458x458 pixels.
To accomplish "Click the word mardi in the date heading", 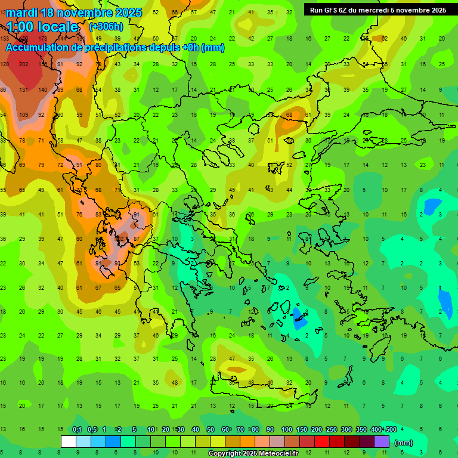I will click(x=21, y=13).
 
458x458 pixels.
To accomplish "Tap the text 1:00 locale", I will click(x=42, y=27).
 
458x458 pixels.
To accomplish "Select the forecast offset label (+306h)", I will click(x=107, y=27).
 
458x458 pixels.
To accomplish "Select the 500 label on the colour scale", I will click(x=391, y=429).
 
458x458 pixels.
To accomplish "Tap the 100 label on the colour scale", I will click(x=287, y=429).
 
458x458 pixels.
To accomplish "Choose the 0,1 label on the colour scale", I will click(x=77, y=429).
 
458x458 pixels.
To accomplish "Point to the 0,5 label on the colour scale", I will click(x=92, y=429).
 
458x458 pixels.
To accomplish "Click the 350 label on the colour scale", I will click(x=361, y=429).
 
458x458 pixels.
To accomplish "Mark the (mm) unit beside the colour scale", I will click(x=404, y=442).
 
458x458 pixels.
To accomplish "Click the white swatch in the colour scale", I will click(x=69, y=442).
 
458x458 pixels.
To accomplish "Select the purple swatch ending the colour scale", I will click(x=382, y=442).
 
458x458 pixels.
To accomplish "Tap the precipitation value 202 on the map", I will click(x=24, y=64).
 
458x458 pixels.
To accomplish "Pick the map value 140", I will click(x=42, y=89).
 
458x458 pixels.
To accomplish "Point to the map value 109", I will click(x=24, y=114).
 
